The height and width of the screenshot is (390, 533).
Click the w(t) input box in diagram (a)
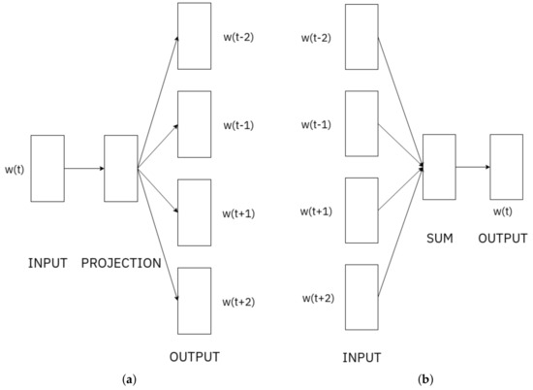click(47, 168)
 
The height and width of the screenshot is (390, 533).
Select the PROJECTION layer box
click(121, 168)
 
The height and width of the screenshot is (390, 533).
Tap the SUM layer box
click(439, 168)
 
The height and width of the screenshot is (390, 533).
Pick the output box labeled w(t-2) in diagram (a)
click(194, 36)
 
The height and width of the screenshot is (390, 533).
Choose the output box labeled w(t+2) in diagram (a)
click(194, 300)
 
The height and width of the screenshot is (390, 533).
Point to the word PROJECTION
click(121, 262)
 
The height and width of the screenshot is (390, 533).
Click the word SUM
click(439, 239)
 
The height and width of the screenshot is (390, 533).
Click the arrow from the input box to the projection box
click(84, 168)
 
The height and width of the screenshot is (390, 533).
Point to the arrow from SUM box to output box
click(473, 168)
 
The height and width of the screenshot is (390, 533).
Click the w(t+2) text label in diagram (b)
click(317, 296)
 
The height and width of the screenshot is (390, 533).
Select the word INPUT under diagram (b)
click(362, 357)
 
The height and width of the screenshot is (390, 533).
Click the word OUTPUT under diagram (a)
click(194, 355)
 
